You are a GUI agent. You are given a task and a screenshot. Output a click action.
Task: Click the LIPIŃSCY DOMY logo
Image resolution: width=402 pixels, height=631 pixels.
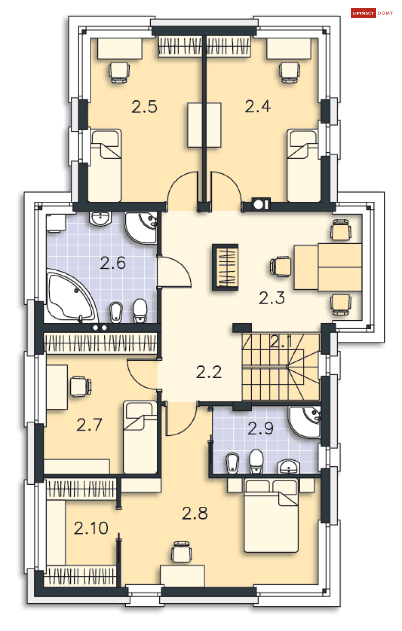(x=372, y=13)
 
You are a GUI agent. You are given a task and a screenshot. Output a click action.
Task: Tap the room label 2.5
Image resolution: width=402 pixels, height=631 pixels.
(x=144, y=107)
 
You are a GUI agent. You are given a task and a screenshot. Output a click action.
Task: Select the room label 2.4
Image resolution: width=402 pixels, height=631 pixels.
(x=258, y=107)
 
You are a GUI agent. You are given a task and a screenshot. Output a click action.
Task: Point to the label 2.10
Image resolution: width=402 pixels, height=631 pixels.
(x=91, y=528)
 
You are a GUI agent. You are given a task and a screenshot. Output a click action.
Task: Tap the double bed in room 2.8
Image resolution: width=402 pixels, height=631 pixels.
(x=271, y=516)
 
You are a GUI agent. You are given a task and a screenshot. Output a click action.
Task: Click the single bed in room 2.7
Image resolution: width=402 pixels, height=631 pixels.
(x=140, y=438)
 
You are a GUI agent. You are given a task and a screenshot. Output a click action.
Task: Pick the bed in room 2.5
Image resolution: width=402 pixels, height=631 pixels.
(x=105, y=165)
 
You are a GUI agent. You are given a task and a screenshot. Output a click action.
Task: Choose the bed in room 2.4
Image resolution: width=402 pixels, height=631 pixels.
(x=303, y=165)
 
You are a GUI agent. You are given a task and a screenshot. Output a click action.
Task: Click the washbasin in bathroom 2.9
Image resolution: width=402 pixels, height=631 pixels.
(x=289, y=467)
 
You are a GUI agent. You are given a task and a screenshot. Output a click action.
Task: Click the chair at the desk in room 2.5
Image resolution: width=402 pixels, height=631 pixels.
(x=119, y=72)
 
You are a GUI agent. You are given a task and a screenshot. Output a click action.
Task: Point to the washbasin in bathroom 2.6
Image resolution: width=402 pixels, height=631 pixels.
(x=100, y=219)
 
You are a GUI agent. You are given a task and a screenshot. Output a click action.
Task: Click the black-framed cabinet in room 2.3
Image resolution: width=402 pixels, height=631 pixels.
(x=225, y=267)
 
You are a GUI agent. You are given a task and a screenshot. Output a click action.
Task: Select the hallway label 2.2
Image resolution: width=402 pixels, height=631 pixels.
(x=209, y=372)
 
